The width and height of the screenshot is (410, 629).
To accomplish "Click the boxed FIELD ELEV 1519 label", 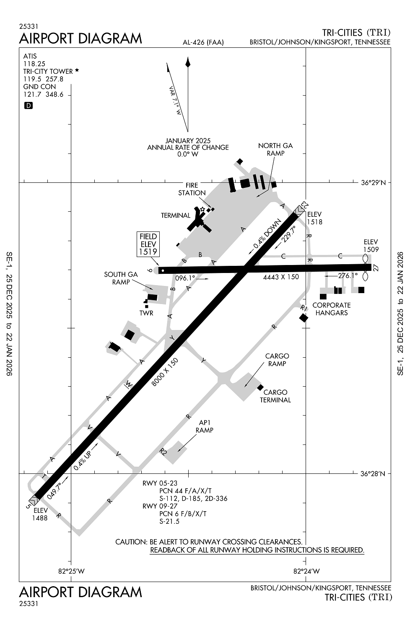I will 148,244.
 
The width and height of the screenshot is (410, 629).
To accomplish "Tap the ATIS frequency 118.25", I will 34,64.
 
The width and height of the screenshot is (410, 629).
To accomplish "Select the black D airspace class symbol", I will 29,106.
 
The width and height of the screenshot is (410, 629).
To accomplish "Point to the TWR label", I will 146,313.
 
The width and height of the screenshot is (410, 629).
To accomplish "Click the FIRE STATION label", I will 192,189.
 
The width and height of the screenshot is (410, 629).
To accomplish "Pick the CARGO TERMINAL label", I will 275,396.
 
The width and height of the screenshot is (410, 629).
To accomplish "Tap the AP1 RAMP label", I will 204,426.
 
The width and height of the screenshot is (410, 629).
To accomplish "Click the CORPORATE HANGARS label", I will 331,309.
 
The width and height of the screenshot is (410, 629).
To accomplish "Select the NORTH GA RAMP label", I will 275,149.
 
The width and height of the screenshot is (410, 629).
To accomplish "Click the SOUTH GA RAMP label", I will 121,278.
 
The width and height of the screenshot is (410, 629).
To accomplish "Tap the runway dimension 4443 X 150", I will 281,277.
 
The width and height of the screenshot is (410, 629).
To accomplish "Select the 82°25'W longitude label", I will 71,571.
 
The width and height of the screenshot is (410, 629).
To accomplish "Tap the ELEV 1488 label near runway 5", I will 41,514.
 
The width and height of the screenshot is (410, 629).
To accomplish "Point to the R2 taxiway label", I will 163,452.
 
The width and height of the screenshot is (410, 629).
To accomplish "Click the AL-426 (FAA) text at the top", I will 203,42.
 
